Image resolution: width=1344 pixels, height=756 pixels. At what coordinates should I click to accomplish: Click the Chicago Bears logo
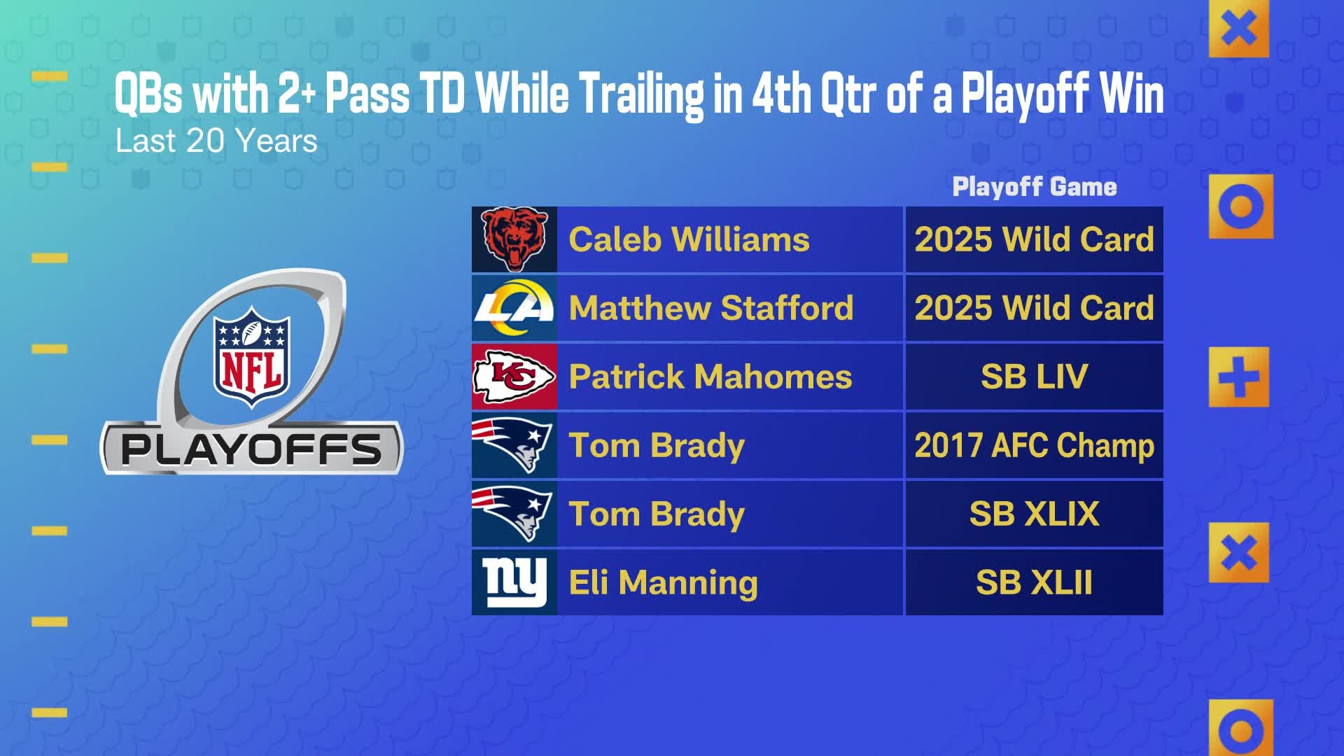pyautogui.click(x=514, y=239)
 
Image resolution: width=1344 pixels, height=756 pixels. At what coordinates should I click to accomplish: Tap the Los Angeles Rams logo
pyautogui.click(x=514, y=308)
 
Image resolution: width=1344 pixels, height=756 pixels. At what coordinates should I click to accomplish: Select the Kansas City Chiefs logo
pyautogui.click(x=514, y=377)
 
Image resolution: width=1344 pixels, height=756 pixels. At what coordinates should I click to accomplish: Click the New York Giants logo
pyautogui.click(x=514, y=582)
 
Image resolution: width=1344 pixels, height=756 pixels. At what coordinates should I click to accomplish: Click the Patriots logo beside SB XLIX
pyautogui.click(x=514, y=514)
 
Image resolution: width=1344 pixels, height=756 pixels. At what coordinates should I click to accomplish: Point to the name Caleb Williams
pyautogui.click(x=689, y=239)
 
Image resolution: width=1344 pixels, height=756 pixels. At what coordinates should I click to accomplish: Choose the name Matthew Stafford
pyautogui.click(x=711, y=308)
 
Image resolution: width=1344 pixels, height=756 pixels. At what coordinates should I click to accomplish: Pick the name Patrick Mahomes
pyautogui.click(x=710, y=377)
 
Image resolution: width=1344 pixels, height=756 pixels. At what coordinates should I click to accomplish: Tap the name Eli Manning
pyautogui.click(x=663, y=582)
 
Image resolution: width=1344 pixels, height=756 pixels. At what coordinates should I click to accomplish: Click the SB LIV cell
pyautogui.click(x=1034, y=377)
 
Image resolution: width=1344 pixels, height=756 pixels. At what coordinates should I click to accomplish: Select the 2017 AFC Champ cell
pyautogui.click(x=1034, y=445)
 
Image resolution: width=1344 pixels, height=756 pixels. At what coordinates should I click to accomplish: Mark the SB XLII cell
pyautogui.click(x=1034, y=582)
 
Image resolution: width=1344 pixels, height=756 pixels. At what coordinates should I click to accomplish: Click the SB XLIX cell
pyautogui.click(x=1034, y=514)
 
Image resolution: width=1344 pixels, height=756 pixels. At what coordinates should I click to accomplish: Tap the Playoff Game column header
pyautogui.click(x=1034, y=187)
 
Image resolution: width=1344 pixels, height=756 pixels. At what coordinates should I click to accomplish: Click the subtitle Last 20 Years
pyautogui.click(x=216, y=141)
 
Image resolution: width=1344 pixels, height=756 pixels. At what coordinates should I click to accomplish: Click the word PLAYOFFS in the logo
pyautogui.click(x=251, y=449)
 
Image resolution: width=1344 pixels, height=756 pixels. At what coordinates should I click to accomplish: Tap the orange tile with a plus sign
pyautogui.click(x=1238, y=377)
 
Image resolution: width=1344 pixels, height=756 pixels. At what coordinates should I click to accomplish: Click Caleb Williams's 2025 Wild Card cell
pyautogui.click(x=1034, y=239)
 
